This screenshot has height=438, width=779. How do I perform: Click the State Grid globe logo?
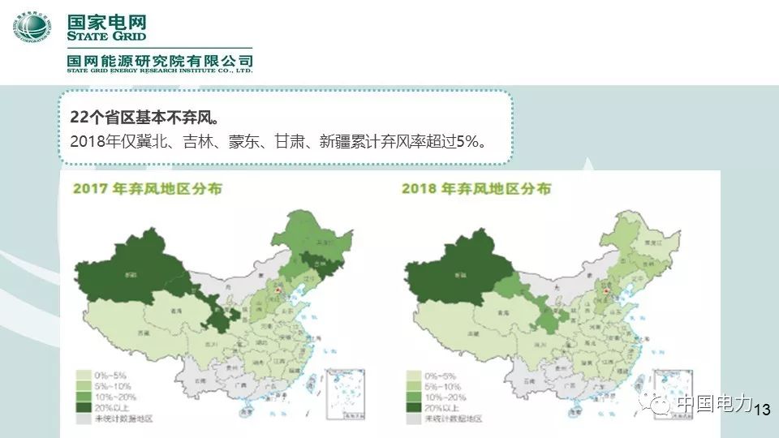[x=32, y=30]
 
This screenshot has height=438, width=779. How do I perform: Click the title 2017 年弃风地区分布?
[x=148, y=189]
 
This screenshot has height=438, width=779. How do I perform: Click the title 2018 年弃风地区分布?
[x=476, y=189]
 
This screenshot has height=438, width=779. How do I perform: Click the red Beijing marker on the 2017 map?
[x=276, y=289]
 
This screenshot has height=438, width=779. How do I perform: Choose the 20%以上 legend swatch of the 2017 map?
[x=84, y=408]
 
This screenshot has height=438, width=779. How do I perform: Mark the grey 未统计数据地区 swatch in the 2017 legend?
[x=84, y=419]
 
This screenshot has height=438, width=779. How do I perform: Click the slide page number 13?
[x=761, y=410]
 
